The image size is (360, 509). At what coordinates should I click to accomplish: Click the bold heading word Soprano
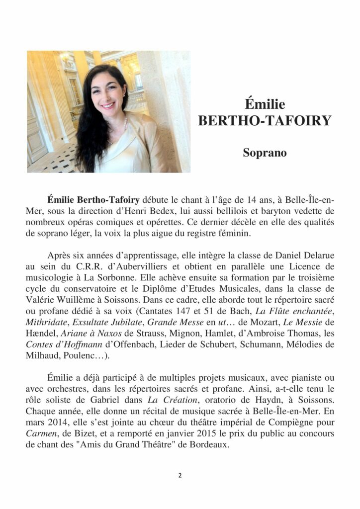pyautogui.click(x=265, y=153)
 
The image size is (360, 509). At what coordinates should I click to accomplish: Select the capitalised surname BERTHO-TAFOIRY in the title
pyautogui.click(x=265, y=121)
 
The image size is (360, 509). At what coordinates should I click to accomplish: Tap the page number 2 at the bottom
pyautogui.click(x=180, y=475)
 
